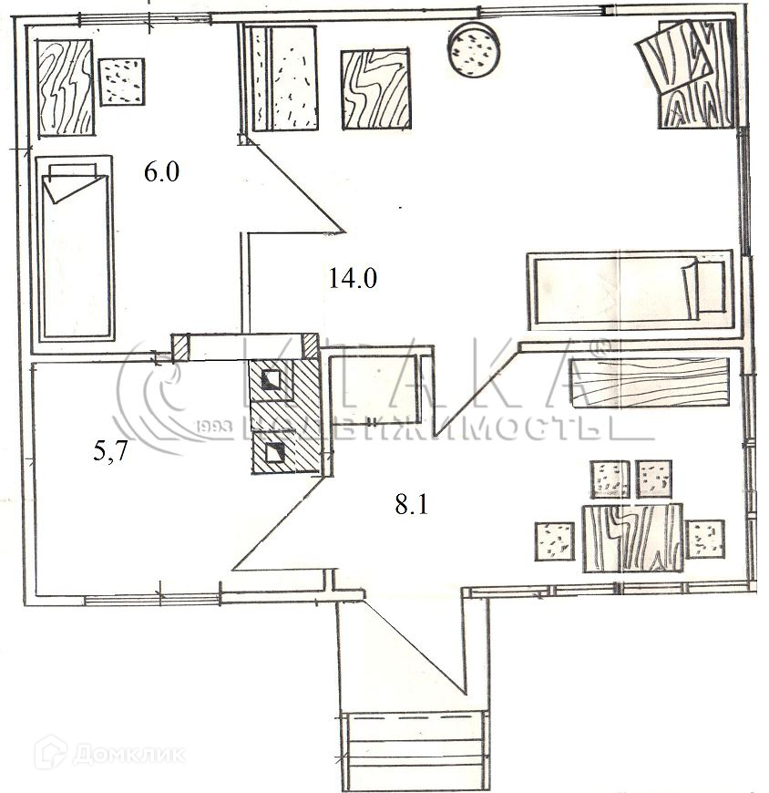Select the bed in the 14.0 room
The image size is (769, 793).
click(x=631, y=289)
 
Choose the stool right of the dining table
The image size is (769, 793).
click(x=704, y=539)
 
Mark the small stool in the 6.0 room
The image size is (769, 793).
click(x=121, y=81)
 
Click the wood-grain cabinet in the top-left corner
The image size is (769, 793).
click(x=66, y=91)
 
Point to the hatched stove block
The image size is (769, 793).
click(x=284, y=417)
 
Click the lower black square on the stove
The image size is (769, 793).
click(x=272, y=452)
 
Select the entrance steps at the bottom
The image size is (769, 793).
click(x=414, y=740)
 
